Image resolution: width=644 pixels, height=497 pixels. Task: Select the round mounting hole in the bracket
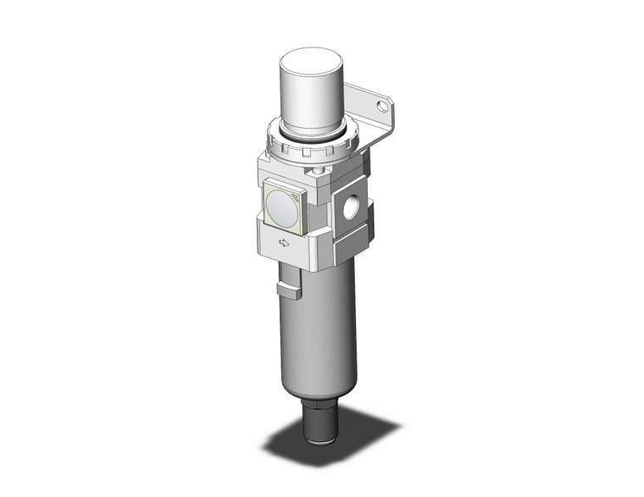[384, 108]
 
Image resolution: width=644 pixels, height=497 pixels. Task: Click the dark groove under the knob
[311, 132]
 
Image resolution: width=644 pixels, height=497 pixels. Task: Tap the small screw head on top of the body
[319, 173]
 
